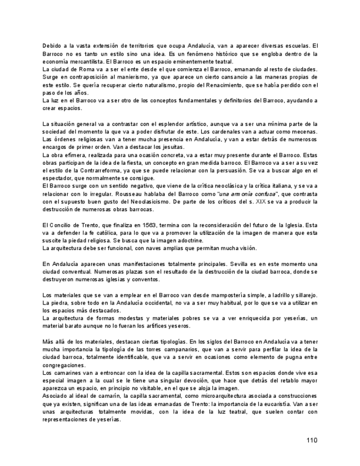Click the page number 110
coord(312,440)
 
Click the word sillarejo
coord(304,295)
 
